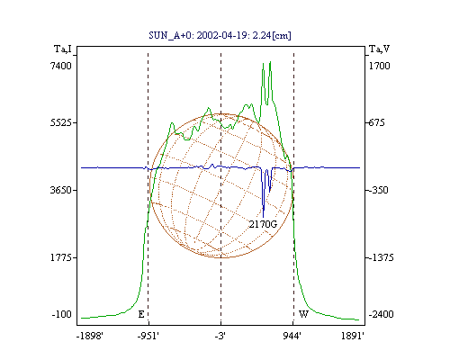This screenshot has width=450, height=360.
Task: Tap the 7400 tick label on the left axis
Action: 61,66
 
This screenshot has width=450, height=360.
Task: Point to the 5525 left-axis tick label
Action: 61,122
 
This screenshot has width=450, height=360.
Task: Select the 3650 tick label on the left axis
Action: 61,190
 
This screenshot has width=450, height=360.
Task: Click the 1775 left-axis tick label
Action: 61,257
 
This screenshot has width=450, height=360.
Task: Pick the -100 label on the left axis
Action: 62,314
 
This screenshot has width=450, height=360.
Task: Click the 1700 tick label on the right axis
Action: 380,66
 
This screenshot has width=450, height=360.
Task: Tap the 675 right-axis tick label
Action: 377,122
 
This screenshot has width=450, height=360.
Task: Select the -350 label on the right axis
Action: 379,190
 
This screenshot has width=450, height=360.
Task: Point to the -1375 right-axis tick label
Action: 382,257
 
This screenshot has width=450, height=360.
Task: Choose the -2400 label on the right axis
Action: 381,314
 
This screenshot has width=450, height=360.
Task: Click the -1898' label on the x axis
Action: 90,336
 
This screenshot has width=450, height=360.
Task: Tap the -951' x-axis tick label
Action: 148,336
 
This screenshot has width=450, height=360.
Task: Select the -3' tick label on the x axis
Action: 220,336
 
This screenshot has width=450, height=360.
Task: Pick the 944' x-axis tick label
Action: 292,336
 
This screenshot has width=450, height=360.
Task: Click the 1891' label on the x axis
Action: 353,336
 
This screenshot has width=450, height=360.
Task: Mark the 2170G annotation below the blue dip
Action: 263,224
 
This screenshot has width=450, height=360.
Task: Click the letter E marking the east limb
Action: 141,314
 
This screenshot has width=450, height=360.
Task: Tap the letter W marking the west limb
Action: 303,314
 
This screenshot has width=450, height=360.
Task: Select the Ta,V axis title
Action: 380,49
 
